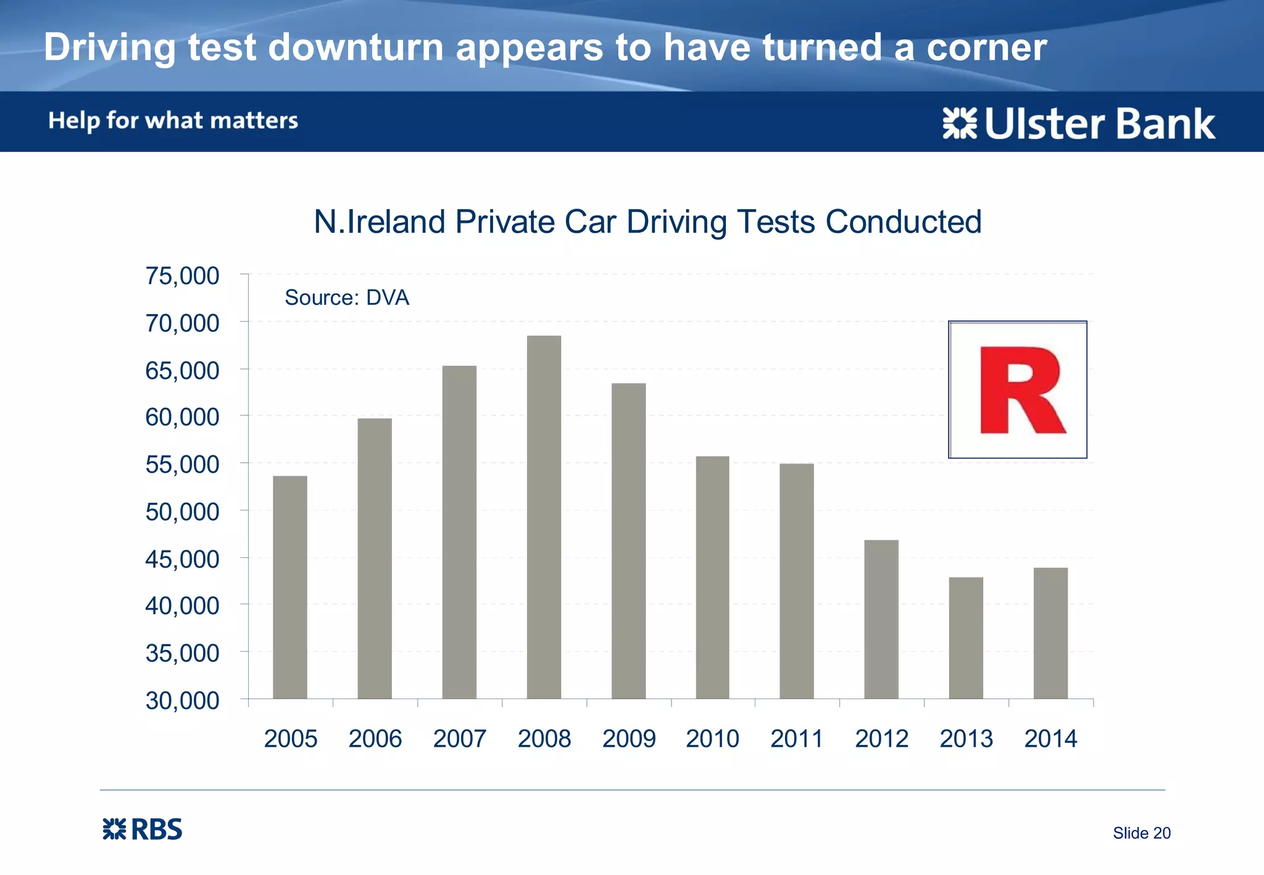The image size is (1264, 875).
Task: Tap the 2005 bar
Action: click(x=290, y=587)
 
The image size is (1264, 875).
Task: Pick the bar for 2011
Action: click(x=797, y=581)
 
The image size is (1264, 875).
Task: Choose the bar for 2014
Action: click(x=1050, y=632)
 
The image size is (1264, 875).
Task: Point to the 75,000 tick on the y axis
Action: click(x=182, y=276)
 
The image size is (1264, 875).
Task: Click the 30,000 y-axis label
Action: click(x=182, y=700)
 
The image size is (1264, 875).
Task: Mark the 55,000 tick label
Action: click(x=182, y=464)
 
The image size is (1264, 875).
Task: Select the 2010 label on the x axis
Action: click(x=712, y=738)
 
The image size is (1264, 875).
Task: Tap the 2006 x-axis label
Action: click(x=375, y=738)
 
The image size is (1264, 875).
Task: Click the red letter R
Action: click(x=1021, y=390)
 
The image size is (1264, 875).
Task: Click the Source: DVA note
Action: click(x=347, y=297)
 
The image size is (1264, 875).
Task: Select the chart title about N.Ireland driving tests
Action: click(x=647, y=222)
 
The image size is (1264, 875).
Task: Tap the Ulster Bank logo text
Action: click(x=1099, y=123)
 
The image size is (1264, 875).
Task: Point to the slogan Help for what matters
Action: click(x=173, y=120)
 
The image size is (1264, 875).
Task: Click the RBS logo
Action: click(x=143, y=829)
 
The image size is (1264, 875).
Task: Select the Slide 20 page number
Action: click(x=1141, y=832)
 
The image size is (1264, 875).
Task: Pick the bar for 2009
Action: click(x=628, y=541)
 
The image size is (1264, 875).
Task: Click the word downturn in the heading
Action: click(x=356, y=47)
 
